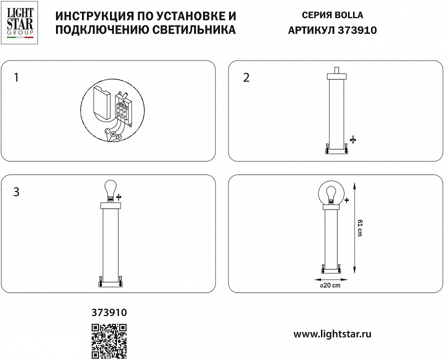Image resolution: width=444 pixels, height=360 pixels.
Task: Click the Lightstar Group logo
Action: click(20, 22)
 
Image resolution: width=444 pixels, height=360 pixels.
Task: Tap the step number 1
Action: click(16, 77)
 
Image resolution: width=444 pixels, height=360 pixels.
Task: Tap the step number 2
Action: click(246, 77)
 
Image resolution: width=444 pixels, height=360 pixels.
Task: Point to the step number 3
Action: click(16, 192)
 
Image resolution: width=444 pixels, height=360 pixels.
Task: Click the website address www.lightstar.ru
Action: click(332, 334)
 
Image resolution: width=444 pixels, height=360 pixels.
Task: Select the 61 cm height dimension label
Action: click(359, 228)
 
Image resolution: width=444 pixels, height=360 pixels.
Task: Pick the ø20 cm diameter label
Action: click(330, 285)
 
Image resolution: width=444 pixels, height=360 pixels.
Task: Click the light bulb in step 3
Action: click(110, 190)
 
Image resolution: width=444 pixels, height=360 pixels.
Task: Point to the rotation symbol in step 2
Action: click(353, 139)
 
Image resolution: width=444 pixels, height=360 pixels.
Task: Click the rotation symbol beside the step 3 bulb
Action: click(119, 197)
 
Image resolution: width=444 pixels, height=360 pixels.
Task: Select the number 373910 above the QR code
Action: click(109, 312)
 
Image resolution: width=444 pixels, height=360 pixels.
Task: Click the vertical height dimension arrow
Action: click(354, 228)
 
